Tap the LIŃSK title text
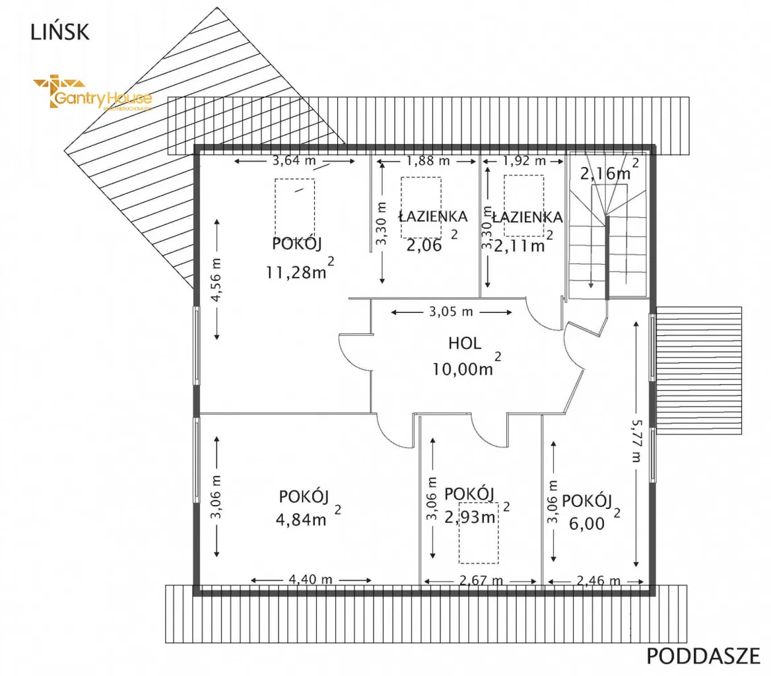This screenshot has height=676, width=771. pos(59,32)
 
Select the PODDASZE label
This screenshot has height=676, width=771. pos(700,656)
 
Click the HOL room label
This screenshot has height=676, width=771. pos(465,343)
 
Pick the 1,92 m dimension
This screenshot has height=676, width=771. pos(524,160)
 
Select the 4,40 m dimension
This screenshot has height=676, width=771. pos(310,580)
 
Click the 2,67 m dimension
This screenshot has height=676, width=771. pos(480,581)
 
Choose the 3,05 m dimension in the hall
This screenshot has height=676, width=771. pos(452,312)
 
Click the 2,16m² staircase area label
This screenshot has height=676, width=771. pos(606,173)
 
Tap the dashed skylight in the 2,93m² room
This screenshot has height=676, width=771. pos(479,540)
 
